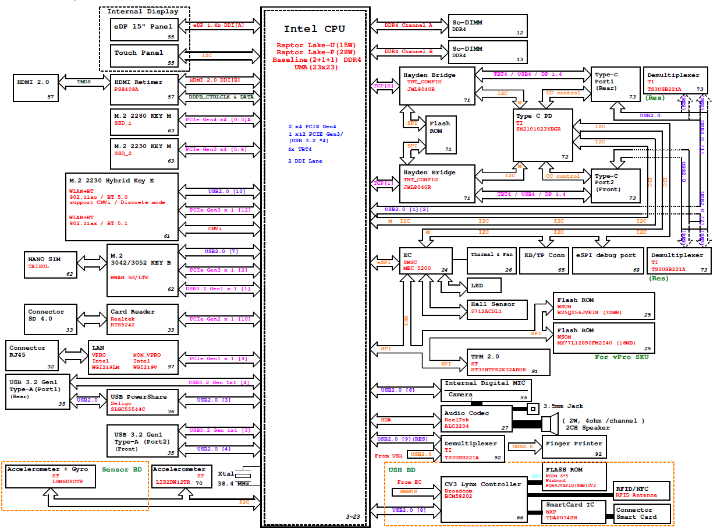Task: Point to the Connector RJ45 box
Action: pyautogui.click(x=33, y=354)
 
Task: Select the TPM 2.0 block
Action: pyautogui.click(x=509, y=362)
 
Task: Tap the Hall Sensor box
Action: pyautogui.click(x=498, y=308)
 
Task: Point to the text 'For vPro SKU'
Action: pyautogui.click(x=621, y=357)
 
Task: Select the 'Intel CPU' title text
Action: pyautogui.click(x=314, y=29)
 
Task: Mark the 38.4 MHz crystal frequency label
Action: pyautogui.click(x=234, y=484)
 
